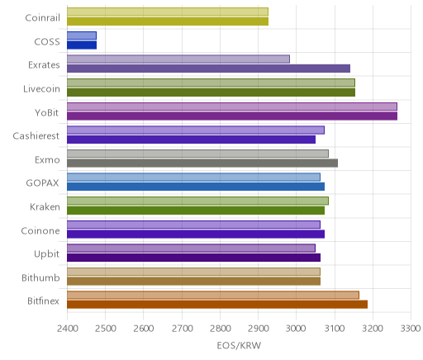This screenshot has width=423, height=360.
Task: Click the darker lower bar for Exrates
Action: (208, 69)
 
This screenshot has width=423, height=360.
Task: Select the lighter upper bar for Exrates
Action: (178, 59)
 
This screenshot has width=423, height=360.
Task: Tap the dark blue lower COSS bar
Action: (82, 45)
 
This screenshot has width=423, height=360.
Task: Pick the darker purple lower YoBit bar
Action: (232, 116)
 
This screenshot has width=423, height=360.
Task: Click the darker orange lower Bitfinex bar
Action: (217, 305)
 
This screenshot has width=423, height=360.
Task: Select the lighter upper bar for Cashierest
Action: (196, 130)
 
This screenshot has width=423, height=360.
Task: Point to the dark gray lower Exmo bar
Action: (202, 163)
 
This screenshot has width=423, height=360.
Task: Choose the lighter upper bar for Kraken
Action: (197, 201)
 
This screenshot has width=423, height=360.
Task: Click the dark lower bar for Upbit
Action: (193, 258)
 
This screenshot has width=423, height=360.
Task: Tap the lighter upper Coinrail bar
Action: (168, 12)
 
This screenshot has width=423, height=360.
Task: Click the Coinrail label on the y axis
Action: (42, 18)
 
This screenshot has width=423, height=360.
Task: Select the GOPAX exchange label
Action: (42, 183)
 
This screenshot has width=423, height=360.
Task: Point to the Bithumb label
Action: (40, 277)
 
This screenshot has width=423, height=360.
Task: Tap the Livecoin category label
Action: (41, 89)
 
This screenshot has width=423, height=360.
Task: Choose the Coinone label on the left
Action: (40, 230)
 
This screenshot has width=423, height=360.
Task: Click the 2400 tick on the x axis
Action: (67, 329)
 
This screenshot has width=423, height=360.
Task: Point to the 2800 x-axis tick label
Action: (220, 329)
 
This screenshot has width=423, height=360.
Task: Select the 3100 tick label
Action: (335, 329)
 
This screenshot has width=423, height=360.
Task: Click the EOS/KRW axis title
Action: (239, 345)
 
